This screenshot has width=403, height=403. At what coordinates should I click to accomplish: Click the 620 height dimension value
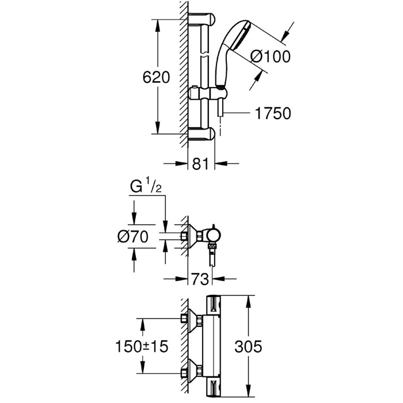(x=156, y=77)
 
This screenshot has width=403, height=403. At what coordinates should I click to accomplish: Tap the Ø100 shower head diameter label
(x=270, y=56)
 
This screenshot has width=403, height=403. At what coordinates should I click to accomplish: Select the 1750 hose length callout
(x=273, y=113)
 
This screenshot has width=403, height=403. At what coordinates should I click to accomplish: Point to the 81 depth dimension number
(x=200, y=164)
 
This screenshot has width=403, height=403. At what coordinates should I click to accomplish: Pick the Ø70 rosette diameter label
(x=133, y=237)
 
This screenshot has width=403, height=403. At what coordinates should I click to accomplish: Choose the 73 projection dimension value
(x=200, y=279)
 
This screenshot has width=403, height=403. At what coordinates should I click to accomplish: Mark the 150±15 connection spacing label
(x=142, y=346)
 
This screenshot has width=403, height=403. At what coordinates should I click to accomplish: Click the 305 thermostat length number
(x=248, y=346)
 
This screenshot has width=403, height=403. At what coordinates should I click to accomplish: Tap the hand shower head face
(x=240, y=35)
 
